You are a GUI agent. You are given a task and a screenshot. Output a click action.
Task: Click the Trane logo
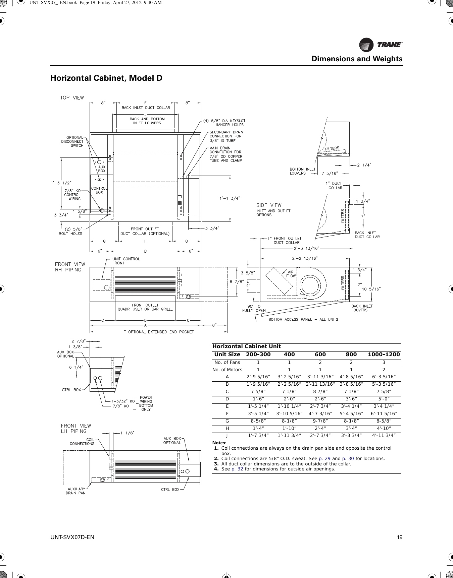(381, 45)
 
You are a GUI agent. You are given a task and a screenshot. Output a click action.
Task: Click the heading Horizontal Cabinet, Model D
(106, 78)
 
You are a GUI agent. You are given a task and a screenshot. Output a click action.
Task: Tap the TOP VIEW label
(72, 98)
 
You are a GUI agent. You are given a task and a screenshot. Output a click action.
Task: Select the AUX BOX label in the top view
(101, 169)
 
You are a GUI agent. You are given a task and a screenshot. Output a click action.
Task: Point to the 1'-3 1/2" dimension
(61, 183)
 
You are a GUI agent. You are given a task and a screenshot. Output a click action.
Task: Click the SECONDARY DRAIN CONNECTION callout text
(226, 136)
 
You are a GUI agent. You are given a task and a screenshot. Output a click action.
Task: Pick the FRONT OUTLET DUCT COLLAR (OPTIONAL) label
(145, 231)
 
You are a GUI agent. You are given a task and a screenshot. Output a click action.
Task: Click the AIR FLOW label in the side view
(291, 274)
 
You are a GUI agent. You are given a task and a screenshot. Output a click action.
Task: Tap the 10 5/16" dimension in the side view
(373, 288)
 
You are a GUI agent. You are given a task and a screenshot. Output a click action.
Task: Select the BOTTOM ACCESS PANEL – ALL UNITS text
(303, 319)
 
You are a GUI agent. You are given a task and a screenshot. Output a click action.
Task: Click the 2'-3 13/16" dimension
(306, 248)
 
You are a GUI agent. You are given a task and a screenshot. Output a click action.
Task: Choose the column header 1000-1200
(384, 355)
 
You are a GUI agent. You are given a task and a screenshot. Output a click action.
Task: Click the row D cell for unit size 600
(320, 399)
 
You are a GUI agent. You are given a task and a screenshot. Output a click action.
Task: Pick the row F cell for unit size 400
(289, 413)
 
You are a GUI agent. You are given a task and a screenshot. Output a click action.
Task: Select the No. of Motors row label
(227, 370)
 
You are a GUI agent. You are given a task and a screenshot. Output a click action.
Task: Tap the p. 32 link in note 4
(237, 469)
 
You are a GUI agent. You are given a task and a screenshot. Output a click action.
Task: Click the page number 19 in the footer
(399, 537)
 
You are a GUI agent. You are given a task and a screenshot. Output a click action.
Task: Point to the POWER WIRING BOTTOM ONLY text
(146, 403)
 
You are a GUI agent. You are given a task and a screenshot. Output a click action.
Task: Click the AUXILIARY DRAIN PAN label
(75, 491)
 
